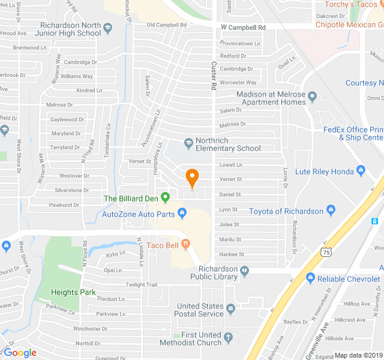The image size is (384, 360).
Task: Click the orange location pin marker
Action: tap(192, 178)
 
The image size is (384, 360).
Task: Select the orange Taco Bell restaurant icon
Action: tap(185, 244)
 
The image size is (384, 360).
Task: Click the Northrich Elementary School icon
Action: tap(188, 143)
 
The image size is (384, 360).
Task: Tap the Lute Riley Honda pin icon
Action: tap(361, 171)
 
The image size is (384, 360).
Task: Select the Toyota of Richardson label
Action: tap(286, 211)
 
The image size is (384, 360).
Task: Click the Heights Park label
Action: tap(73, 292)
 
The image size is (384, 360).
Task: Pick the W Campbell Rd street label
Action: tap(243, 28)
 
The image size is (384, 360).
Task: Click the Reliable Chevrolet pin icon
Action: tap(310, 278)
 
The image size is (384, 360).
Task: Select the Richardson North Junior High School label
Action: tap(70, 29)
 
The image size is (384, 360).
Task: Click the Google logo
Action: tap(20, 353)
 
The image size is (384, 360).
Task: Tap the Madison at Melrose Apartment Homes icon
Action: tap(312, 95)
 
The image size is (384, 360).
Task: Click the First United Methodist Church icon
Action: tap(228, 338)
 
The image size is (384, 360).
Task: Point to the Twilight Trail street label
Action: tap(141, 284)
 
